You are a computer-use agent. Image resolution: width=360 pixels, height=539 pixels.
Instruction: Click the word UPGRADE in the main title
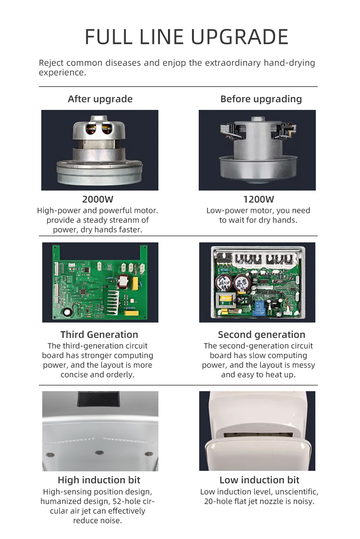[x=240, y=37]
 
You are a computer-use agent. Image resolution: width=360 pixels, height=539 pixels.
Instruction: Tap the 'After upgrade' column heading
[x=100, y=99]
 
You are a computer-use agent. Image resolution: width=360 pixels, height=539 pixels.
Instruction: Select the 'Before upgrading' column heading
[x=261, y=99]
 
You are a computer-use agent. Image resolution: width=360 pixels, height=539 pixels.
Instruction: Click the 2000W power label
[x=97, y=199]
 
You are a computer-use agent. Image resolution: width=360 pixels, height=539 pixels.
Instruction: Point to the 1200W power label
[x=259, y=199]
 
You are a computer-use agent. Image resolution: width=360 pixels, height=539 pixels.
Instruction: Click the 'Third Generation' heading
[x=99, y=335]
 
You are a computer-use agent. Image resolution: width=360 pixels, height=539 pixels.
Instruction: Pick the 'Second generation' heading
[x=261, y=335]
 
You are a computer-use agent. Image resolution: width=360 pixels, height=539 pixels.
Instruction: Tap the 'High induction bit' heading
[x=99, y=480]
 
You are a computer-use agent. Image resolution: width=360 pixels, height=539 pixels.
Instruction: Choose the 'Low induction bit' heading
[x=259, y=480]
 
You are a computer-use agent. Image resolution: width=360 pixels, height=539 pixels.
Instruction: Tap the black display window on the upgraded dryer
[x=98, y=399]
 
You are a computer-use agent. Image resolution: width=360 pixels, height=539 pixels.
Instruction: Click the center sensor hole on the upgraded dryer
[x=99, y=453]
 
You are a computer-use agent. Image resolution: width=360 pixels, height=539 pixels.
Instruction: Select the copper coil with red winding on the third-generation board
[x=123, y=282]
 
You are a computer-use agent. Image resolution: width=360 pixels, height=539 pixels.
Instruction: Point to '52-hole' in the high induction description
[x=125, y=501]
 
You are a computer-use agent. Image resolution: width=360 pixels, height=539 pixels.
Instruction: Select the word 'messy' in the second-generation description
[x=303, y=365]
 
